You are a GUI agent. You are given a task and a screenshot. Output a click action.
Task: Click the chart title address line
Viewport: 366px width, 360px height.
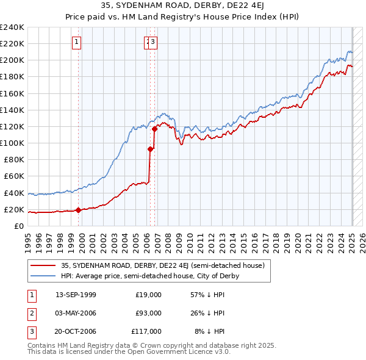(183, 7)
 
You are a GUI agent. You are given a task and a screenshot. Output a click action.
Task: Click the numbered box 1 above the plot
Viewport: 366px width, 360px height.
(77, 42)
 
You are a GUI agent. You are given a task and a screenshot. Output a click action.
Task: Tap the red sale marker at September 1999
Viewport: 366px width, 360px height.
(78, 210)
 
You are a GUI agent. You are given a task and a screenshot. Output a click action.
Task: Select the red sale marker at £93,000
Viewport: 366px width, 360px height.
(150, 148)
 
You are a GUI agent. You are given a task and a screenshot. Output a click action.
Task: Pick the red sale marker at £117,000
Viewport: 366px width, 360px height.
(155, 128)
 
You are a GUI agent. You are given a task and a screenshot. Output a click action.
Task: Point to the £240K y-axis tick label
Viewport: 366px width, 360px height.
(12, 27)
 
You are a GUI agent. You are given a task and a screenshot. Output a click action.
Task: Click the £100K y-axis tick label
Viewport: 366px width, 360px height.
(12, 143)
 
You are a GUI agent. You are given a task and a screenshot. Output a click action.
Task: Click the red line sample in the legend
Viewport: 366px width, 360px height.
(43, 266)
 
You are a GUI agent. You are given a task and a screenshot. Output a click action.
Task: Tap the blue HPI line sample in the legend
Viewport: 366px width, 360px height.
(43, 276)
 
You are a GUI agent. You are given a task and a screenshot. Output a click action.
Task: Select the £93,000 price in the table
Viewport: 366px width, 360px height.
(148, 313)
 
